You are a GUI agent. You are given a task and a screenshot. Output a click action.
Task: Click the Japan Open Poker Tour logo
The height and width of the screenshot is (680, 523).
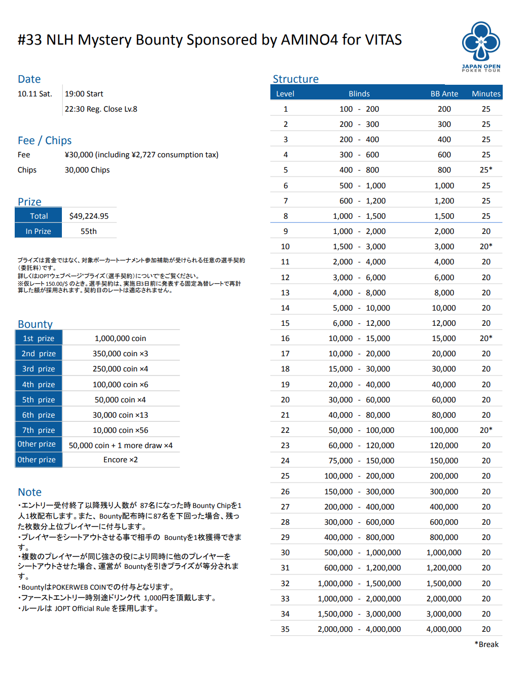481,46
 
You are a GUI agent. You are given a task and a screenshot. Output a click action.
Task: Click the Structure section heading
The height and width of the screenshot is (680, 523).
296,79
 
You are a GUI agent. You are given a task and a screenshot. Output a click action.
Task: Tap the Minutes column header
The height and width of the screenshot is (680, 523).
486,94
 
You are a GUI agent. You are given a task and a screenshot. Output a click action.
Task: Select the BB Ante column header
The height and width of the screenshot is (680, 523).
444,94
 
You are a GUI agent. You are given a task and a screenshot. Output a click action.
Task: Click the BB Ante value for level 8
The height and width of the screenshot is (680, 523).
444,216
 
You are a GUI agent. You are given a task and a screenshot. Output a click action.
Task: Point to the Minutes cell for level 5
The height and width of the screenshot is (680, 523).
486,170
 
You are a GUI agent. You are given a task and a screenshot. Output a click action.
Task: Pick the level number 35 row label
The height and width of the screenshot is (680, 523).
285,629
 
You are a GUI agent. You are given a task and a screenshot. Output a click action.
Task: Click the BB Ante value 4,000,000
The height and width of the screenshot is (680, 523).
444,629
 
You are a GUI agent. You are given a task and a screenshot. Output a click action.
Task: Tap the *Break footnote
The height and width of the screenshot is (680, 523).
486,644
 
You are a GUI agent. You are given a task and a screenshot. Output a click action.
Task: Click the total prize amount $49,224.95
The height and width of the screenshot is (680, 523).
89,216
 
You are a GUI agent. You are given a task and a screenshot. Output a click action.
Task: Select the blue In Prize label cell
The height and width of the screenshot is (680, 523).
39,231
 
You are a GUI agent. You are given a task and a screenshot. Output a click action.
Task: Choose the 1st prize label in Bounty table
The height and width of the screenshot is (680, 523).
39,338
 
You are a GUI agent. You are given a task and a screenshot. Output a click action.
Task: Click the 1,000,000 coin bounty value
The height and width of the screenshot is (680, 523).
120,338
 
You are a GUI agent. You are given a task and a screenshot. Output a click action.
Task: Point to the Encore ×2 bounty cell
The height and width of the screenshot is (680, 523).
120,460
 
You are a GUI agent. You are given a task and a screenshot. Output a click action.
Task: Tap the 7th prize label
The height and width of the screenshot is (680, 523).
39,430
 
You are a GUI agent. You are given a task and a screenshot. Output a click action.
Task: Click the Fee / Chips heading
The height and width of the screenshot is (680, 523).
45,141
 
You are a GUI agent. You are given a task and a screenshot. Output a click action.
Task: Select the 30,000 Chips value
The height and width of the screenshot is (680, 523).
87,170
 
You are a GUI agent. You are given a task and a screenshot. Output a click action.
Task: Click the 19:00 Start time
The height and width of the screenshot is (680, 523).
84,94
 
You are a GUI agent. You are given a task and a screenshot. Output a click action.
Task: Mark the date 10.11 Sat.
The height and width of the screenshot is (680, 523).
35,94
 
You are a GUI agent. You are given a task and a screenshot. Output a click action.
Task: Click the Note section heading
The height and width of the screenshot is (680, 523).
30,492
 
